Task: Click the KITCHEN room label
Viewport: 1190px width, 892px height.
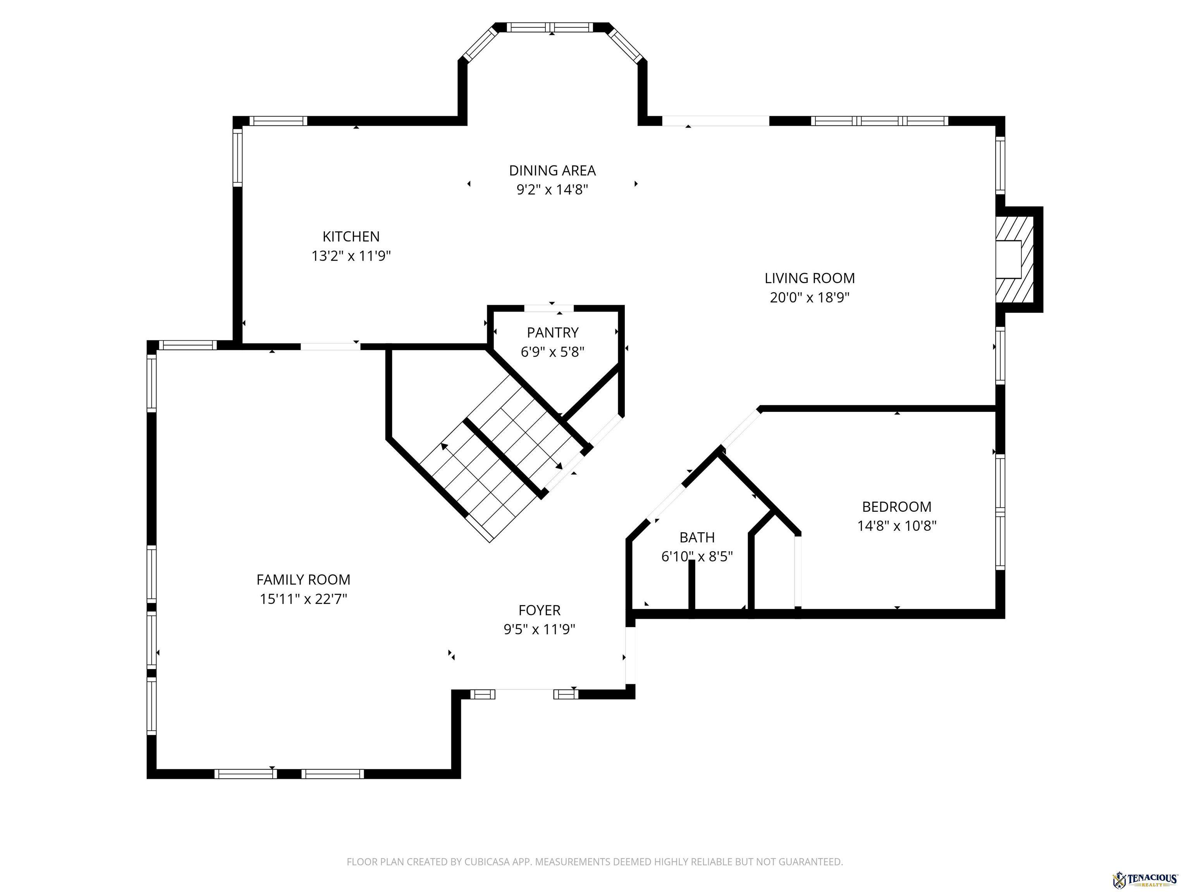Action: pos(351,237)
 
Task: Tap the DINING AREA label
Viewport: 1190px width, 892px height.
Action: pos(552,170)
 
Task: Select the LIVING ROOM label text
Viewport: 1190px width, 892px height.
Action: pos(809,278)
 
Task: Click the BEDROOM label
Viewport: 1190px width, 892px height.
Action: pos(896,506)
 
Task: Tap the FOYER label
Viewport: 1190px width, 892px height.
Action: pos(539,610)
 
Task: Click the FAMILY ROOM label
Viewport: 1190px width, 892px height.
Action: pos(303,580)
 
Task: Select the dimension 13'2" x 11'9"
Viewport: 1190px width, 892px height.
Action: pos(351,256)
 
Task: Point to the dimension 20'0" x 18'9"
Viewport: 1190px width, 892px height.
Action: pos(809,297)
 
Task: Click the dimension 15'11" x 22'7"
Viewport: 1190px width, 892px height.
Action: pos(303,599)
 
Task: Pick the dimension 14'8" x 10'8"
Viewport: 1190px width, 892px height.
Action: pos(896,526)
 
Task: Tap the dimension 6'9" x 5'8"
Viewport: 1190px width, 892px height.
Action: pos(552,352)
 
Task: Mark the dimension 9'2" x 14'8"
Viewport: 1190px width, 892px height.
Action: pos(552,190)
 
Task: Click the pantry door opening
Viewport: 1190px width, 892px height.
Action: pos(549,308)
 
